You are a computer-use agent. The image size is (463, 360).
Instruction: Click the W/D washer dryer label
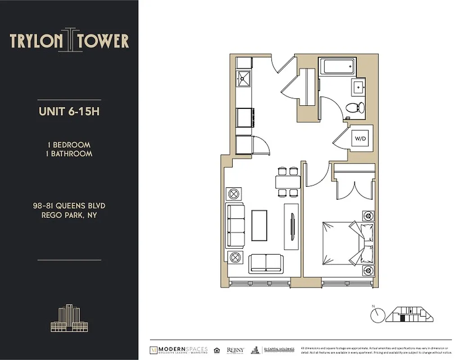tap(361, 139)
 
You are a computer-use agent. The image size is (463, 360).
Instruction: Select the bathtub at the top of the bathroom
tap(337, 67)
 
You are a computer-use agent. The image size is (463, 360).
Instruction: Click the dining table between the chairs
tap(288, 182)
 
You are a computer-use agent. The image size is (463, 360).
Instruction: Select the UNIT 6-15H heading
tap(69, 112)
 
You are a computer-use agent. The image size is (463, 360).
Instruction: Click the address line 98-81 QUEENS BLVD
tap(69, 206)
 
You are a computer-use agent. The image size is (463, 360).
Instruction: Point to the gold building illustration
tap(68, 318)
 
